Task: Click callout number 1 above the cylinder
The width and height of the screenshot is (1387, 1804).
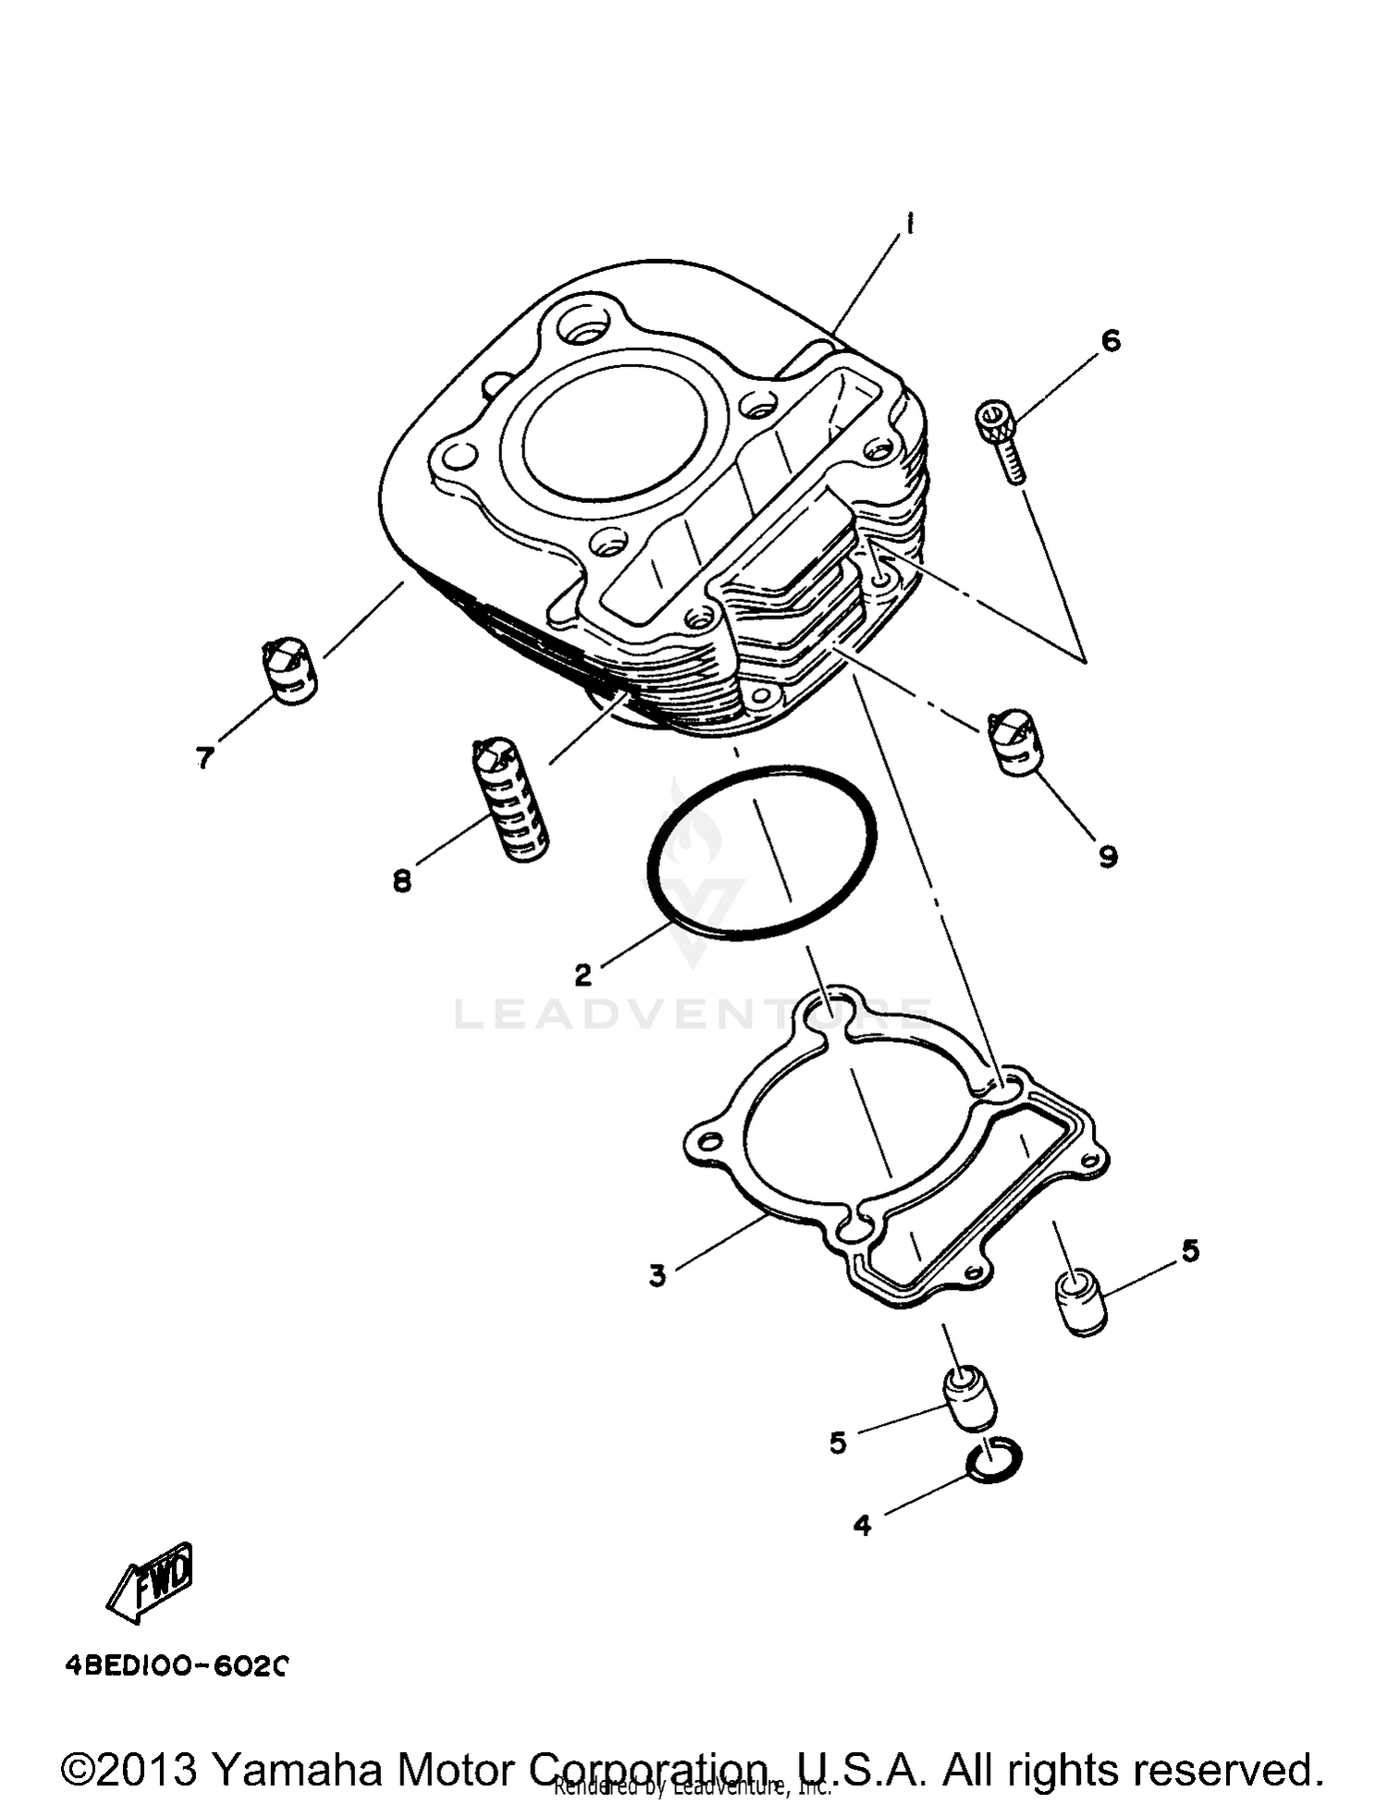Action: coord(909,225)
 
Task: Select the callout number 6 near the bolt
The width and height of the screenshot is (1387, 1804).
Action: coord(1111,340)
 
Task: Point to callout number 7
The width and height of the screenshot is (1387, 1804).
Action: coord(204,758)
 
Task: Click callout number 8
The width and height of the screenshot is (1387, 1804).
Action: coord(401,881)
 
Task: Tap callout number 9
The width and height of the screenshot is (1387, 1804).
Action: coord(1108,856)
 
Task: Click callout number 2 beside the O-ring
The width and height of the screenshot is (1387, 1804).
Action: coord(583,975)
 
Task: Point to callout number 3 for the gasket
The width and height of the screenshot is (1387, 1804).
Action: coord(657,1276)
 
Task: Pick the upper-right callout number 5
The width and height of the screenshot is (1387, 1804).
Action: coord(1190,1251)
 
